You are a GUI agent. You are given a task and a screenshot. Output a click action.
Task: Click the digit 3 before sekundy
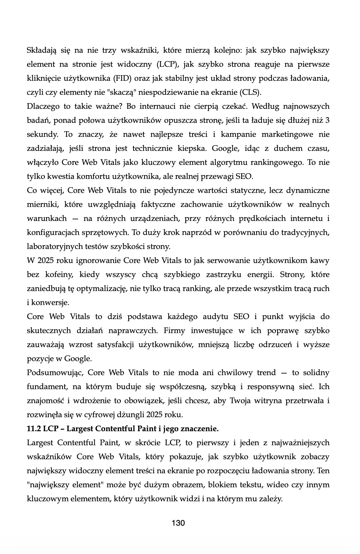click(327, 120)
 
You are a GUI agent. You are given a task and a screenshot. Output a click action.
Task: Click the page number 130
click(178, 523)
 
